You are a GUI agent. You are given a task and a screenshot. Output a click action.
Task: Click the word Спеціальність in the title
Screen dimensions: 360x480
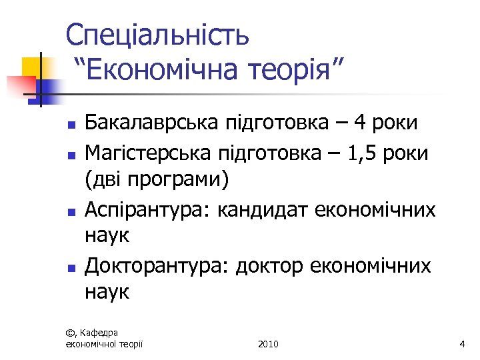158,35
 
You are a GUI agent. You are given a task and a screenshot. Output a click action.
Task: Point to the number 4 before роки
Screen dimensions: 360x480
378,123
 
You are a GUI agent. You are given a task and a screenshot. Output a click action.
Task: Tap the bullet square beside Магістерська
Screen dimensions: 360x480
71,154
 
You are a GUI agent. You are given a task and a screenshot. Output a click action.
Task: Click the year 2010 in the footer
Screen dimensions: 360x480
267,344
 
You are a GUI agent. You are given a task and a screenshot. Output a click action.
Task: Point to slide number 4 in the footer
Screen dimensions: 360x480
461,344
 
